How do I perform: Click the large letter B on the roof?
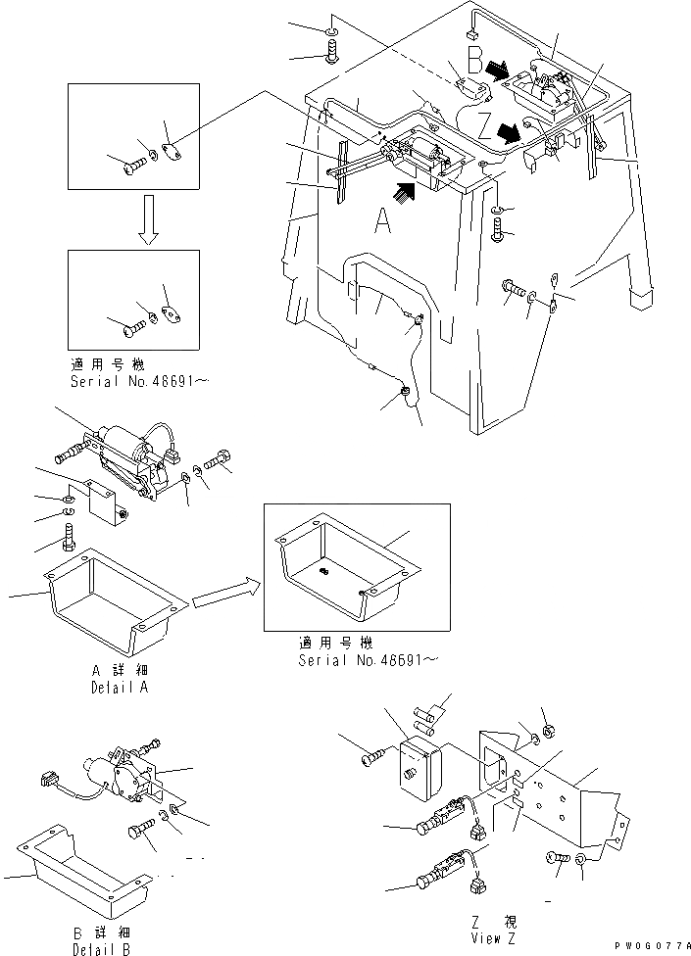(x=475, y=65)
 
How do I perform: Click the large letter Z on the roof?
(x=485, y=126)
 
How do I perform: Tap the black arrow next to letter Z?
(x=509, y=130)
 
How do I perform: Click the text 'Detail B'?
(x=101, y=949)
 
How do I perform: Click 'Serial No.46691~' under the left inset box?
(x=128, y=378)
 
